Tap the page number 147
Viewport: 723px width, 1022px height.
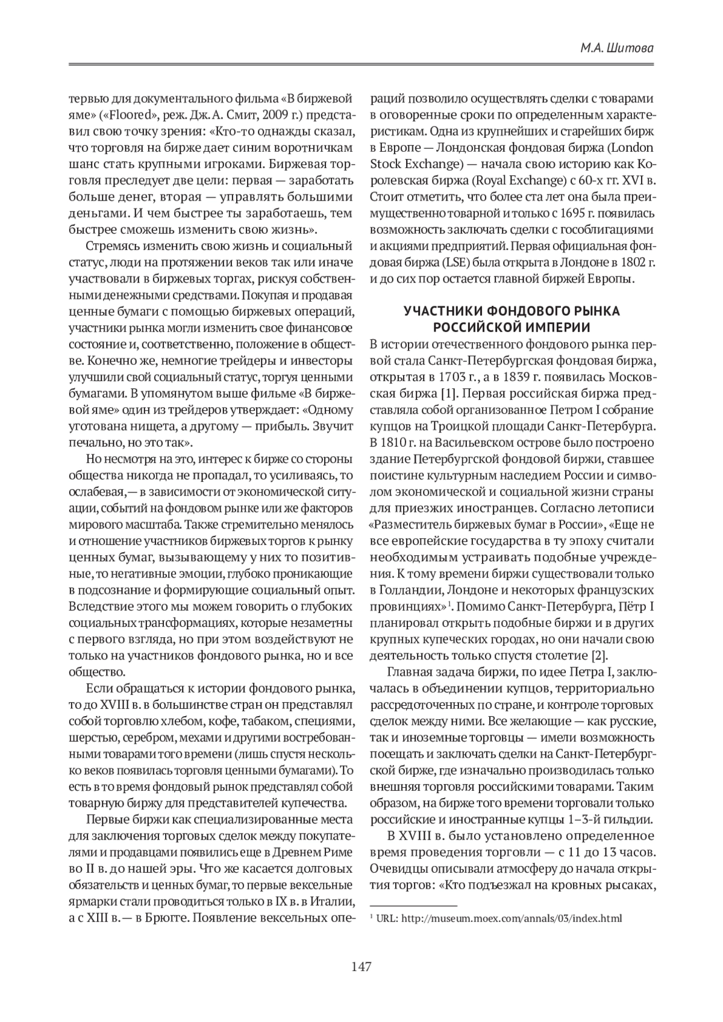pyautogui.click(x=361, y=967)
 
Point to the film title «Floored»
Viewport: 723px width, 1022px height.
pyautogui.click(x=124, y=115)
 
